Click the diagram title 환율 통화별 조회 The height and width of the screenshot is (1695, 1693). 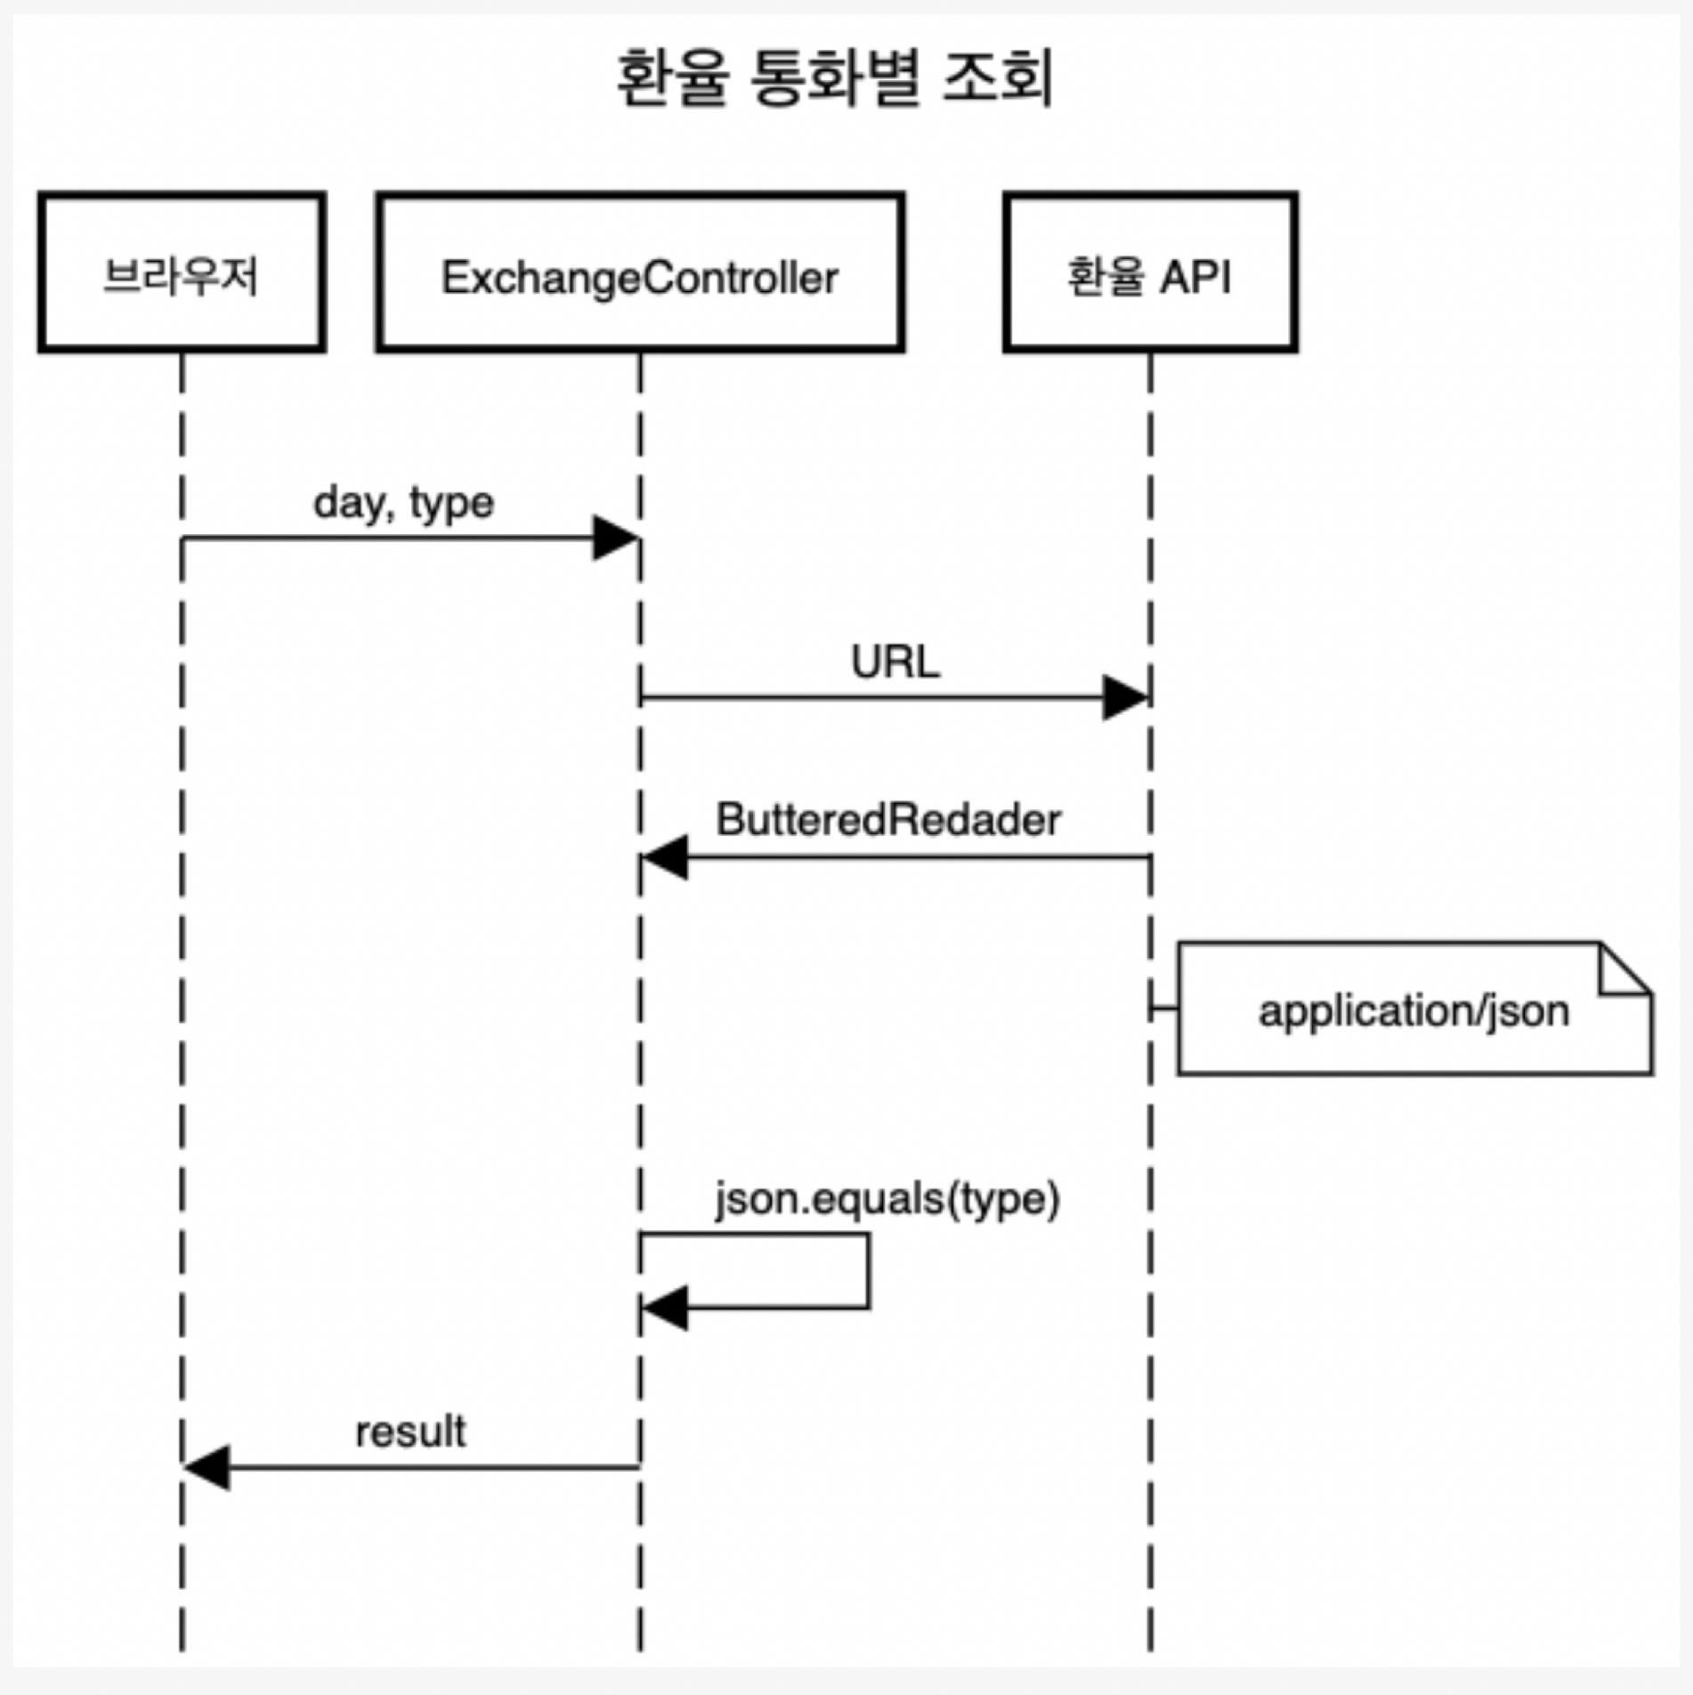835,78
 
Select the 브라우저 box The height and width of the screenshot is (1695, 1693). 182,272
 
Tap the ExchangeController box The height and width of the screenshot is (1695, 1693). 640,272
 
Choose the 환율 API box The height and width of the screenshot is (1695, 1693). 1149,272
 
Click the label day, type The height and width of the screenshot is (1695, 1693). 403,504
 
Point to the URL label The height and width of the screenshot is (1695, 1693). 895,662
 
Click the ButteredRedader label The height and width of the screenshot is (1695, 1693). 888,820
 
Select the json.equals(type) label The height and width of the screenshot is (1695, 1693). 887,1199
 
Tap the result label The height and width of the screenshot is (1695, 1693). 410,1432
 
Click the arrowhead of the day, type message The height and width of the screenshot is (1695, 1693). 616,538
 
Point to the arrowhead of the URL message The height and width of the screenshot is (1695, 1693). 1125,697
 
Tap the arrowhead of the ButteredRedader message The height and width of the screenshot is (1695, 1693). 665,857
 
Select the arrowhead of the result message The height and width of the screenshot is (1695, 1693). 207,1467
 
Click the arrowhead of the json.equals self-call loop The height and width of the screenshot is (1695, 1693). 665,1308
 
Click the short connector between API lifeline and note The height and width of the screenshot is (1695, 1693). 1163,1009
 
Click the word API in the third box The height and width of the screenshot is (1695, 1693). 1195,277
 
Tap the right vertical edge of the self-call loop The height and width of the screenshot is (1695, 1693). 869,1270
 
